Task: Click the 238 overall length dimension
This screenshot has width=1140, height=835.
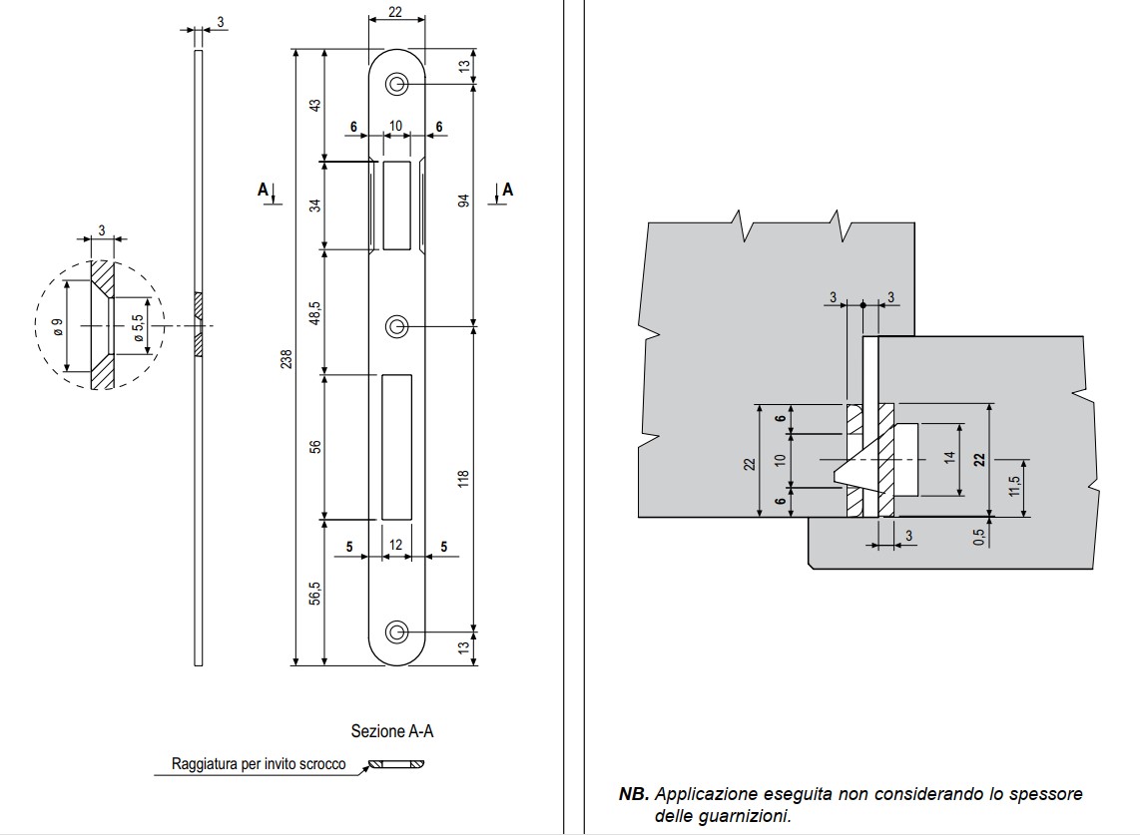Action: click(287, 358)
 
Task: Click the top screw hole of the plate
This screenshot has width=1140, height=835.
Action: click(397, 86)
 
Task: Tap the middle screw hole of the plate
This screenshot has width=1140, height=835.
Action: click(397, 326)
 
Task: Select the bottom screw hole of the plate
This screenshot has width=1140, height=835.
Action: click(397, 631)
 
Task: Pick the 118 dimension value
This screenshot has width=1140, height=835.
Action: click(462, 480)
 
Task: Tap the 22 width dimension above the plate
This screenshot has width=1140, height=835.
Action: click(396, 12)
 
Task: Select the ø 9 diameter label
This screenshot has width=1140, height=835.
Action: click(58, 327)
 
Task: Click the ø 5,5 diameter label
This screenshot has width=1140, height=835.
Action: click(138, 326)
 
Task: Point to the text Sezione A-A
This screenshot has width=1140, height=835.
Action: click(392, 731)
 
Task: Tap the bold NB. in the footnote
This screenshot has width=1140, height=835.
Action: click(634, 795)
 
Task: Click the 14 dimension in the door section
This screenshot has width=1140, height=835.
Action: click(950, 459)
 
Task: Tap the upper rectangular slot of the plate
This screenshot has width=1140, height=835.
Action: click(396, 205)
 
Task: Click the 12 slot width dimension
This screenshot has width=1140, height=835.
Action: click(396, 545)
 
